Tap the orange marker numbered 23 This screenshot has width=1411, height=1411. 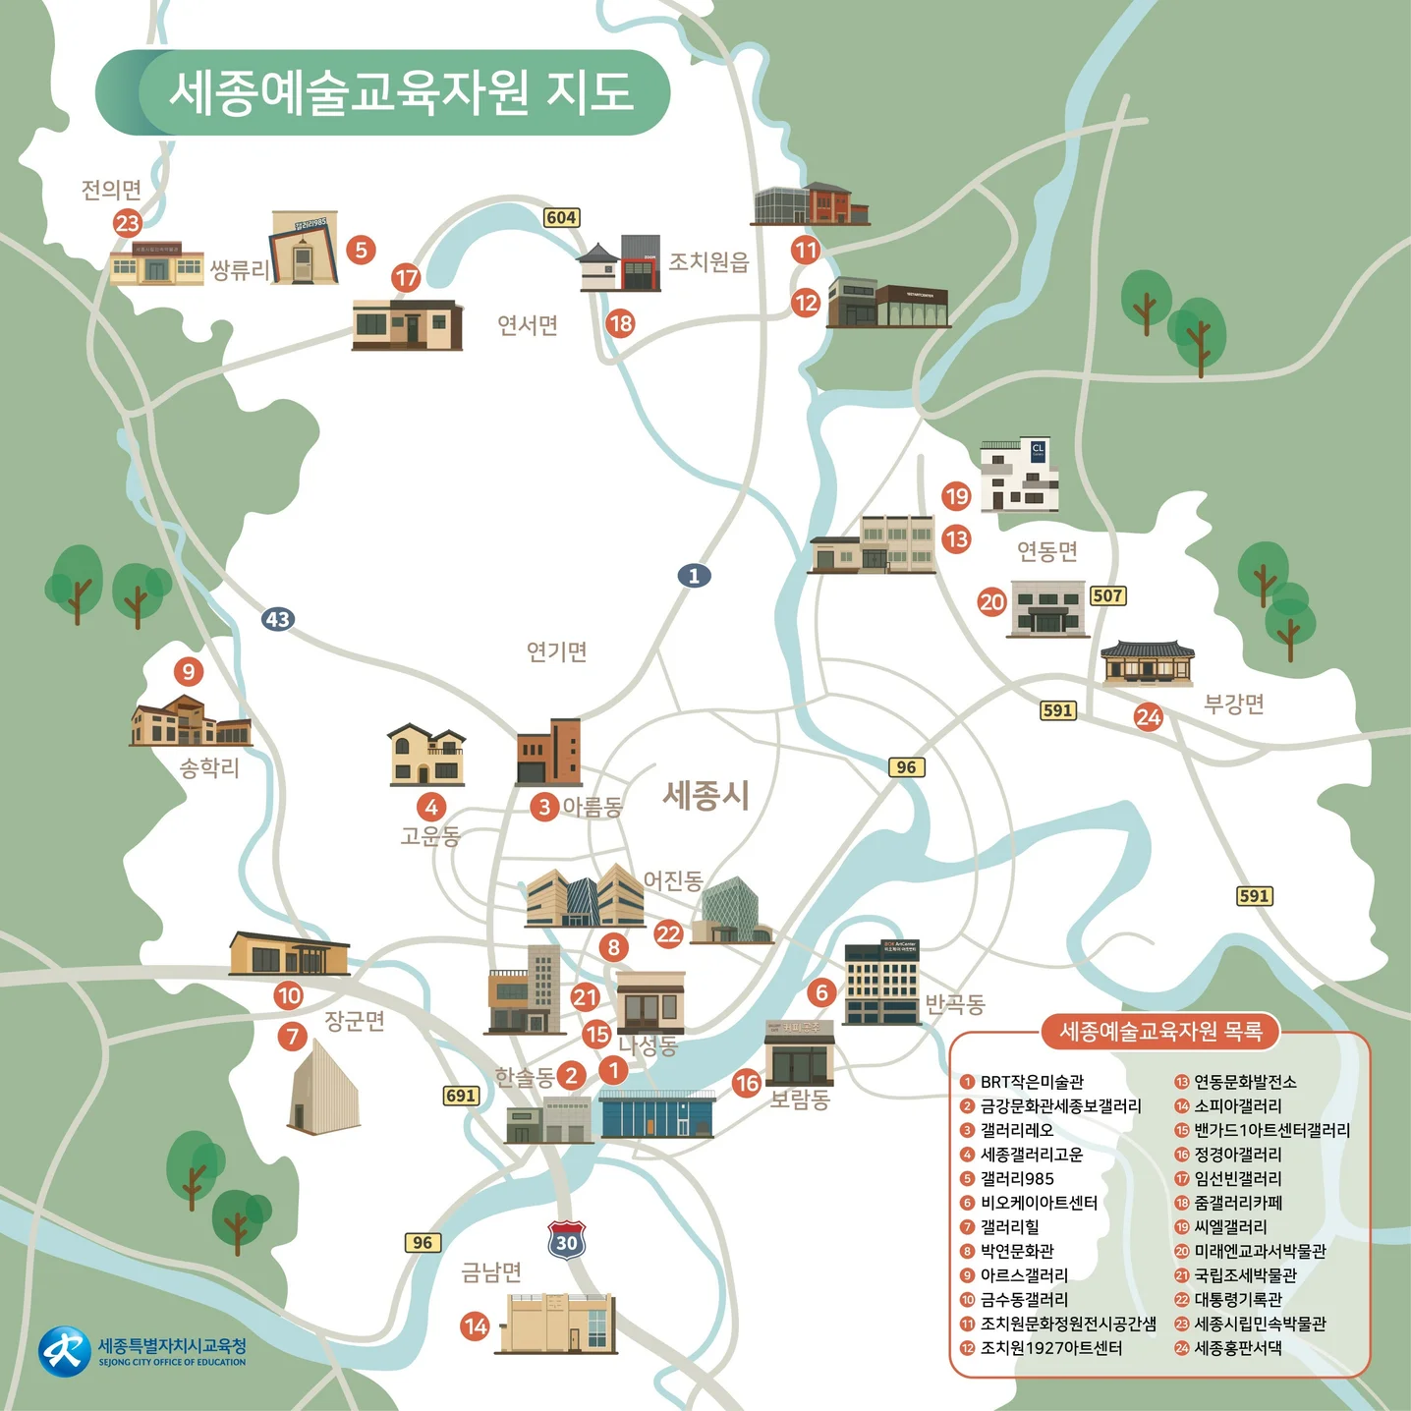point(128,223)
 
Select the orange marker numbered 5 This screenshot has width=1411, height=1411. point(361,250)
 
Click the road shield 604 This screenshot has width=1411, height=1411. point(561,217)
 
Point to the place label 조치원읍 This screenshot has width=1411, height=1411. point(708,262)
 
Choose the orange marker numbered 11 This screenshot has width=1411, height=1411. point(806,250)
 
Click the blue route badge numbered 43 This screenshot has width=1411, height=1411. point(278,619)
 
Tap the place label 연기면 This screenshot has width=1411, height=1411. point(556,651)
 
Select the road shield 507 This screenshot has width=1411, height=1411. point(1107,595)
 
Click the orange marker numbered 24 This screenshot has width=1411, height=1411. point(1148,717)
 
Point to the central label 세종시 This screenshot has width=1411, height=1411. point(705,794)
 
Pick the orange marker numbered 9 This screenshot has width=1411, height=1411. point(188,672)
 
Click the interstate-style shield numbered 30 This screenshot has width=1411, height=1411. point(567,1242)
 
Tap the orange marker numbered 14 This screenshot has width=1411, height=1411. point(476,1326)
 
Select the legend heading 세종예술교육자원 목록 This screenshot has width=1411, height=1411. point(1160,1032)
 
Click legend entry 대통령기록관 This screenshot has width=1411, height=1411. point(1237,1299)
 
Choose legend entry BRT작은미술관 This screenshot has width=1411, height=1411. point(1031,1082)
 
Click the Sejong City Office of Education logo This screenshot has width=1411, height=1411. point(64,1352)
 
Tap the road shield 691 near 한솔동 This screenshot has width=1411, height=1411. point(461,1096)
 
